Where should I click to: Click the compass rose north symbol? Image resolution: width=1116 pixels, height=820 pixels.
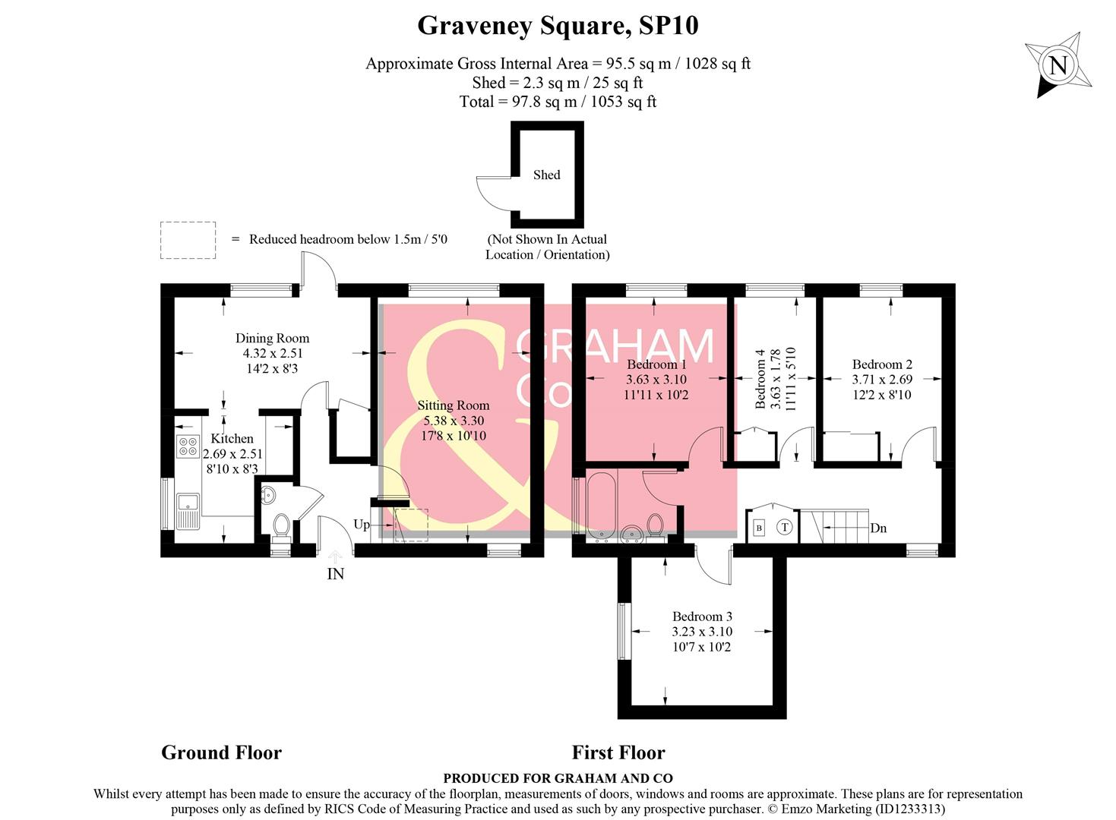(x=1058, y=65)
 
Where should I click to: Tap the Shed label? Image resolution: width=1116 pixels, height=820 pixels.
(x=546, y=175)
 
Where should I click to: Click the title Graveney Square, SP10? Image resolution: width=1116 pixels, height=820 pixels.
(x=558, y=26)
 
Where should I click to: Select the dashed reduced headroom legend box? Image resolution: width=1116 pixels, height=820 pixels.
(x=188, y=240)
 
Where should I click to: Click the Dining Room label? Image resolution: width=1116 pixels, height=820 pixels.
(x=272, y=339)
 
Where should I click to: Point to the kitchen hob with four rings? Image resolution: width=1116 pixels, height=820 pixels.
(x=188, y=446)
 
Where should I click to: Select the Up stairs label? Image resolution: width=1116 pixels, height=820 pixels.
(x=362, y=525)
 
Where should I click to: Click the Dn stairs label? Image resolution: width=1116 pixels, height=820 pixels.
(x=878, y=528)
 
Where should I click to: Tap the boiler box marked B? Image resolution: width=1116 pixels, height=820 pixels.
(x=759, y=528)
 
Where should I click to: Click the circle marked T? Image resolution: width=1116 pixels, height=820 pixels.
(x=785, y=527)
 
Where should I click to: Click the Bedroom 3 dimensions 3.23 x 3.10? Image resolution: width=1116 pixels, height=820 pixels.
(x=702, y=632)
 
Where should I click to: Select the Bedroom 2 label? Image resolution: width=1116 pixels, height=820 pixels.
(x=882, y=364)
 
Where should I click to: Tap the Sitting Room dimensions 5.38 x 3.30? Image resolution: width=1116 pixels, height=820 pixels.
(x=454, y=421)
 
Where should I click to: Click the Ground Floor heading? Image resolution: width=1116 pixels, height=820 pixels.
(x=221, y=752)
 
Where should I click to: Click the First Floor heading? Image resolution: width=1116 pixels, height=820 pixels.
(x=618, y=752)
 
